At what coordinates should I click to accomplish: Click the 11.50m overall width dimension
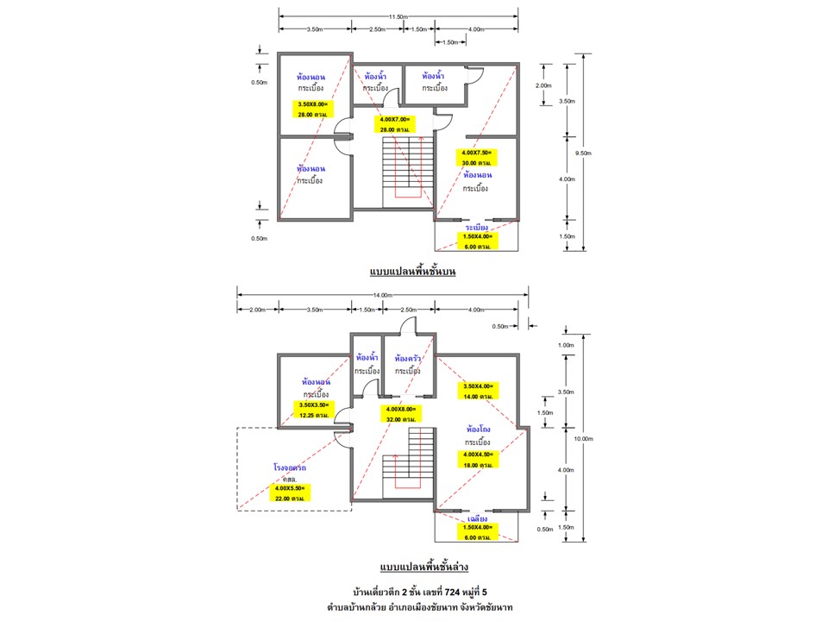tap(398, 16)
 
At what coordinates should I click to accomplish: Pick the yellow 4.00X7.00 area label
tap(393, 123)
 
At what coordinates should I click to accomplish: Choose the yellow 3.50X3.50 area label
tap(314, 410)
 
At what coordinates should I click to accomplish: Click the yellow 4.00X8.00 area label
tap(401, 413)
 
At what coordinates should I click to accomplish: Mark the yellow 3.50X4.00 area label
tap(478, 391)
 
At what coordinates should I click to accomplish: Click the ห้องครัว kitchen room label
tap(407, 358)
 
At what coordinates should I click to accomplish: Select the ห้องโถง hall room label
tap(480, 429)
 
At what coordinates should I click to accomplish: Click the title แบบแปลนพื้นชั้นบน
tap(412, 272)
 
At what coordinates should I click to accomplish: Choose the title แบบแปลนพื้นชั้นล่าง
tap(426, 567)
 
